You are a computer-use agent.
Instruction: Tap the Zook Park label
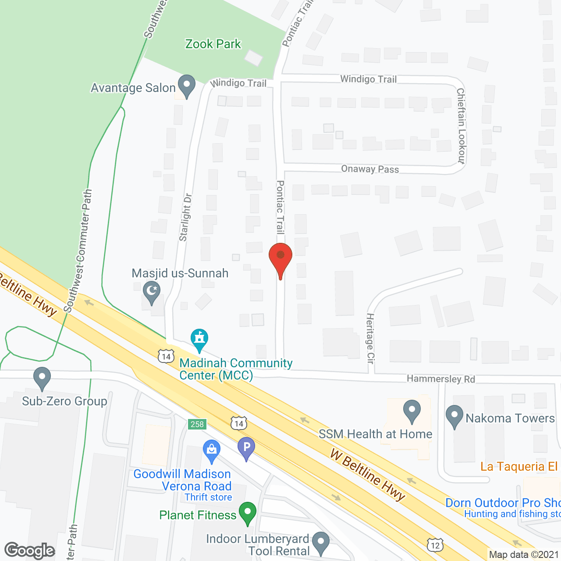(x=213, y=44)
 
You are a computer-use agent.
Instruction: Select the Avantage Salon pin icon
(x=187, y=86)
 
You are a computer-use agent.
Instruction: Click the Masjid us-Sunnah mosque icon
(x=152, y=293)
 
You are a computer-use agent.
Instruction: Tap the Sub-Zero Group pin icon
(x=42, y=378)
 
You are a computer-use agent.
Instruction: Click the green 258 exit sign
(x=197, y=424)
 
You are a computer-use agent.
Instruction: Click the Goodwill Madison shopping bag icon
(x=212, y=451)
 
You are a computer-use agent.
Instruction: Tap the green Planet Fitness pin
(x=248, y=513)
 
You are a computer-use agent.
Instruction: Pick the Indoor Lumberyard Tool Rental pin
(x=321, y=543)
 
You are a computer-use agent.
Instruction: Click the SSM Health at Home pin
(x=412, y=412)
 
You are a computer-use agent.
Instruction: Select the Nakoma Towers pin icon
(x=454, y=416)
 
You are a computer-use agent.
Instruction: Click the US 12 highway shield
(x=435, y=545)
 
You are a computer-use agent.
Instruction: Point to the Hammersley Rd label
(x=440, y=379)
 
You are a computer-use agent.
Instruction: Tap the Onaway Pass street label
(x=370, y=169)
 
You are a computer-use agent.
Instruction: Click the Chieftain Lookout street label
(x=461, y=126)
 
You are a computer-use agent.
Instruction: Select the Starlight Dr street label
(x=185, y=217)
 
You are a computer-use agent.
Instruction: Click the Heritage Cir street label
(x=370, y=338)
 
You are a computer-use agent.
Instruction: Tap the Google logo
(x=30, y=550)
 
